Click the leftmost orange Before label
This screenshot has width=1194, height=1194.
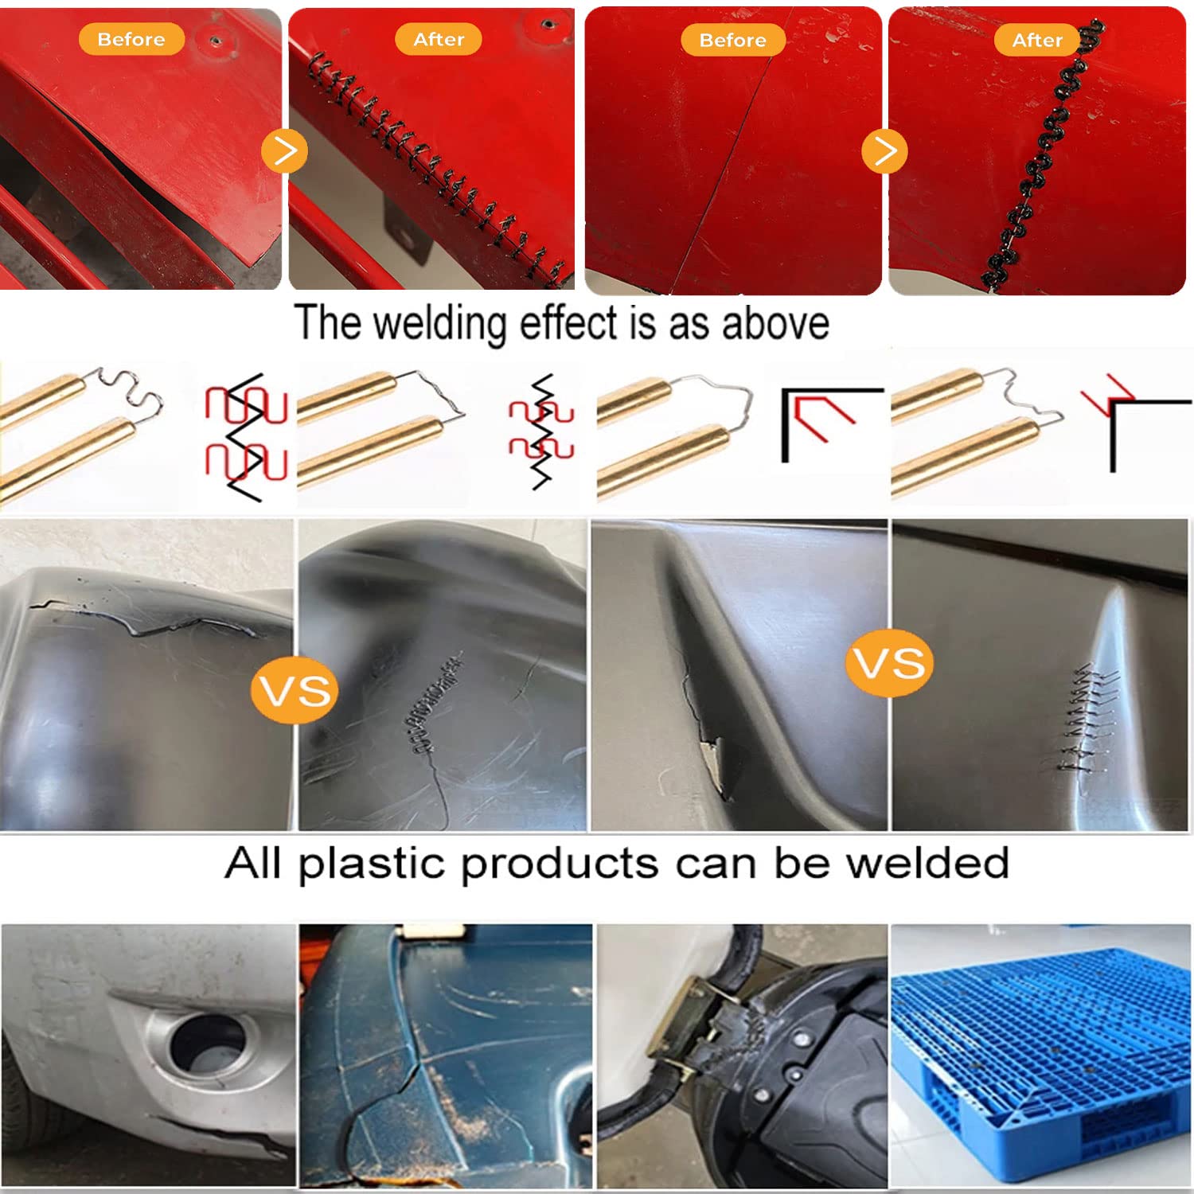[131, 39]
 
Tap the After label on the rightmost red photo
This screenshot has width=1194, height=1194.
[1036, 40]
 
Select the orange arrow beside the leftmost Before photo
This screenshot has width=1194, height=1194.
[284, 150]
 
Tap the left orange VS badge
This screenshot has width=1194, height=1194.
[295, 690]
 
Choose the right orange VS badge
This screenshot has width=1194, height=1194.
[889, 662]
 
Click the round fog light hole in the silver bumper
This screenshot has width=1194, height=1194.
[209, 1042]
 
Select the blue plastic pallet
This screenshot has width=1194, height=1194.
[1038, 1051]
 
